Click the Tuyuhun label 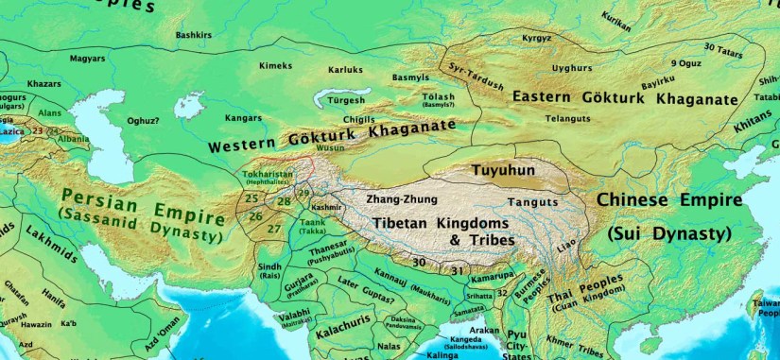point(504,170)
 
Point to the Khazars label point(44,84)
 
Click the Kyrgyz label point(536,38)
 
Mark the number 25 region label point(251,198)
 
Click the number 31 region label point(457,271)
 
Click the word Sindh point(269,267)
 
